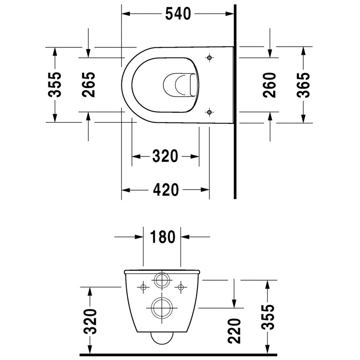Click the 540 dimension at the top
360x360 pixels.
[x=177, y=14]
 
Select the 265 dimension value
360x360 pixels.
[x=89, y=84]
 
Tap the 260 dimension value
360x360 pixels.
[x=270, y=85]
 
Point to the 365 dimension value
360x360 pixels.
[x=303, y=85]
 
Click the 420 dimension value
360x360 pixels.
[x=166, y=190]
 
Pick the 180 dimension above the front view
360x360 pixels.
[x=162, y=237]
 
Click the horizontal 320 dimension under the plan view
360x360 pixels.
[x=165, y=156]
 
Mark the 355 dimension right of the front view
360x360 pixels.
[x=267, y=318]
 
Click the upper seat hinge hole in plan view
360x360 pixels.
[x=210, y=58]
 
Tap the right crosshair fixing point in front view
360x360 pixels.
[x=181, y=287]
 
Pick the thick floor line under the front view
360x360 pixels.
[x=180, y=355]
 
